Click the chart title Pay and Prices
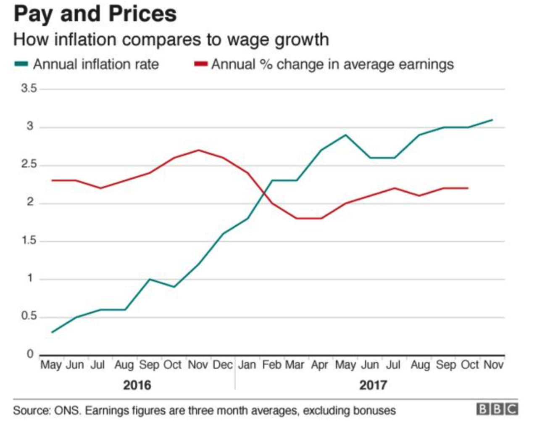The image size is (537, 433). (95, 13)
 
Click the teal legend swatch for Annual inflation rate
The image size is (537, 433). (21, 64)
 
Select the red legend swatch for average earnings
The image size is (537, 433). (201, 64)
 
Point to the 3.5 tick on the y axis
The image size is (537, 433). (29, 89)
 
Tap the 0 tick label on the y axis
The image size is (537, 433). (30, 354)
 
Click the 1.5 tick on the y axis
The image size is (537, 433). (29, 241)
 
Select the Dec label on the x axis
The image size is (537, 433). (222, 365)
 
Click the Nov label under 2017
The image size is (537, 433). (493, 365)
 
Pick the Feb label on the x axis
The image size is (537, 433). (272, 365)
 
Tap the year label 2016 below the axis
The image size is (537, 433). (137, 385)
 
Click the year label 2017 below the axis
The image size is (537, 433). (373, 385)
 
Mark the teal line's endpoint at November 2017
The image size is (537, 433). (492, 120)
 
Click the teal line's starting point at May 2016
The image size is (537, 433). (52, 332)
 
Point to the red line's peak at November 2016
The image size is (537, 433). (198, 150)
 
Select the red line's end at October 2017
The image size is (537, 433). (468, 188)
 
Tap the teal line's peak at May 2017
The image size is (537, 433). (345, 135)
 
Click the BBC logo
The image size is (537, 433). (497, 409)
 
